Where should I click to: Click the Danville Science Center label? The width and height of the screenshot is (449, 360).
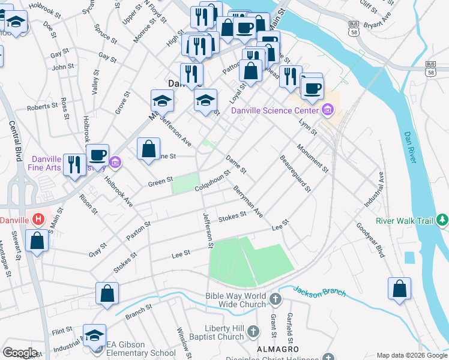[x=275, y=110]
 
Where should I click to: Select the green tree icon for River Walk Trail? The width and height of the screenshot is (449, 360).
[x=442, y=220]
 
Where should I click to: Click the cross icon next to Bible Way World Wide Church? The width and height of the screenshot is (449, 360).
[x=275, y=299]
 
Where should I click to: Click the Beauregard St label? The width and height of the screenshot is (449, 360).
[x=295, y=173]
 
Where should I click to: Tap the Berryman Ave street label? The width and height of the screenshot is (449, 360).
[x=248, y=201]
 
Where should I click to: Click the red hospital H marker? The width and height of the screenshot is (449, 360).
[x=38, y=220]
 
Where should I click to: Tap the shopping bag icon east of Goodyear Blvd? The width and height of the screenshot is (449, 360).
[x=399, y=289]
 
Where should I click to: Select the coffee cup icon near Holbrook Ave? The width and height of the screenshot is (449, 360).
[x=97, y=155]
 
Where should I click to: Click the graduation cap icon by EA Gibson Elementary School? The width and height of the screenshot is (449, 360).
[x=94, y=335]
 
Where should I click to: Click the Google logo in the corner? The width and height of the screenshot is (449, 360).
[x=20, y=353]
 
